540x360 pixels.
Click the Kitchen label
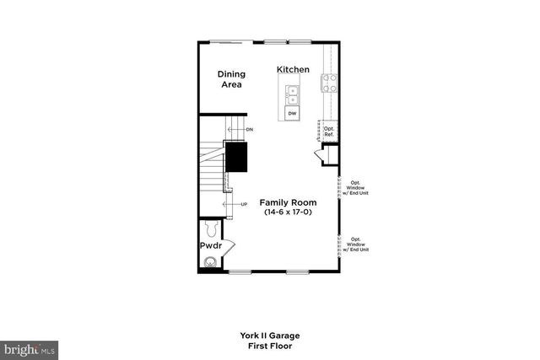click(x=293, y=69)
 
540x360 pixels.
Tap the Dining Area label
click(x=230, y=78)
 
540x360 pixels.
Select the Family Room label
click(x=288, y=202)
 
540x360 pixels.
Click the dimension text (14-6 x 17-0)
click(x=288, y=213)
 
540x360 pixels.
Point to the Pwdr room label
click(x=209, y=246)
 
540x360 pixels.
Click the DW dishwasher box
click(x=293, y=113)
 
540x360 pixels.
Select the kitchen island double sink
click(x=293, y=93)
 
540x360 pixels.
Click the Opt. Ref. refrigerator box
click(x=330, y=132)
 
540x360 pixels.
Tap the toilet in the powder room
click(x=212, y=228)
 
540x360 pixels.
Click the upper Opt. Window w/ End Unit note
click(x=355, y=186)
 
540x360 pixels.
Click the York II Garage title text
click(x=269, y=336)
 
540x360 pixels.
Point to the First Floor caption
click(x=269, y=346)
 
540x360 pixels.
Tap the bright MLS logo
click(x=29, y=347)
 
